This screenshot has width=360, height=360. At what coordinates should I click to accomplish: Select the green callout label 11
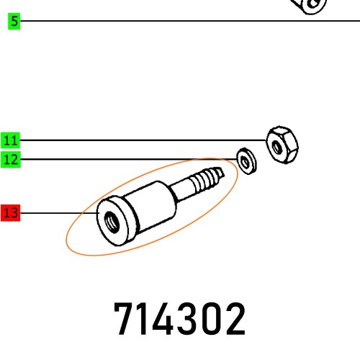11,140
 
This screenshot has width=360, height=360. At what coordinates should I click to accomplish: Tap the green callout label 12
11,159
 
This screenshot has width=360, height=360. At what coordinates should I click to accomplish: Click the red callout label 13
11,213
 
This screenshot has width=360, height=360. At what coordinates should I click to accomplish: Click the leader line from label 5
180,22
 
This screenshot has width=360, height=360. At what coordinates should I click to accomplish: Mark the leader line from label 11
144,140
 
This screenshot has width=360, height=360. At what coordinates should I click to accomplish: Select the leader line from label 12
130,159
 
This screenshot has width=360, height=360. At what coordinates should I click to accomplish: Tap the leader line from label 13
58,213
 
